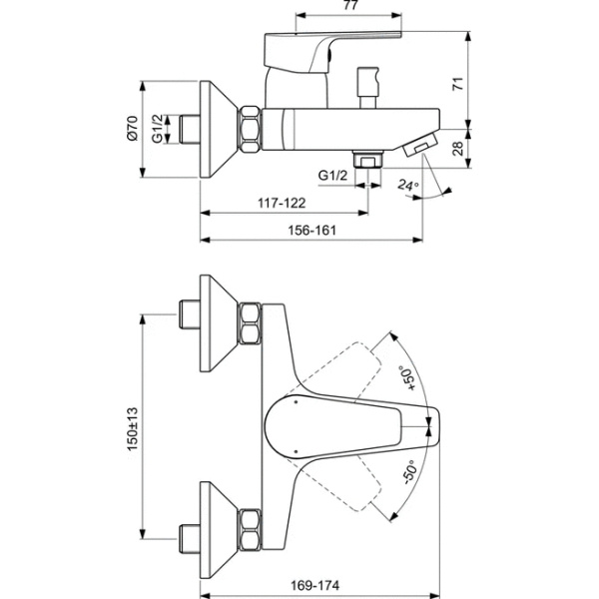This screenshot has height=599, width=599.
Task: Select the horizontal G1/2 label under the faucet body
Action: tap(332, 176)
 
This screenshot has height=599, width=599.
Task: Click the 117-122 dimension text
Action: tap(283, 203)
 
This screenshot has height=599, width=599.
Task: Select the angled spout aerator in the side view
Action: tap(419, 147)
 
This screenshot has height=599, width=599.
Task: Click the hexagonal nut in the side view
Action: tap(249, 129)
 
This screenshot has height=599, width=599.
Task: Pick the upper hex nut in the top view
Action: tap(250, 322)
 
